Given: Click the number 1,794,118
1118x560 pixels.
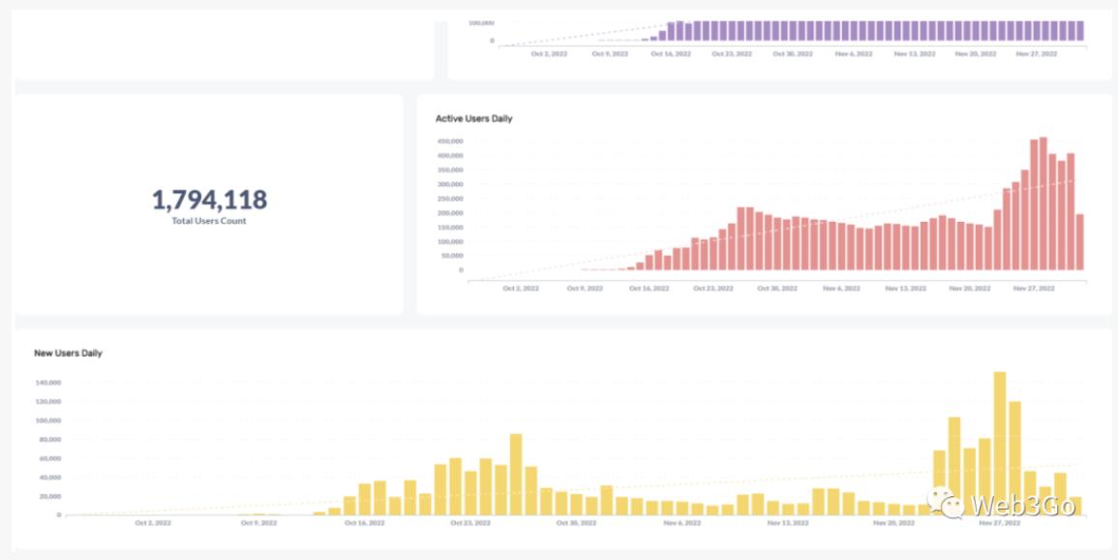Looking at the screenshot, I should click(x=209, y=200).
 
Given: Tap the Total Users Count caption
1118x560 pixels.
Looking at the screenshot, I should click(x=209, y=221).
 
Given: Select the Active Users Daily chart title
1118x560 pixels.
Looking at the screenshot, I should click(x=474, y=118).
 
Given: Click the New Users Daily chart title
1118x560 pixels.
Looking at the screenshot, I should click(x=68, y=353).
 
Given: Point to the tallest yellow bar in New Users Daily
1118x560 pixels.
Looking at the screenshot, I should click(x=1000, y=443).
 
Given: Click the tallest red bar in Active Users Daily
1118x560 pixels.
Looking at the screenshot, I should click(x=1042, y=204).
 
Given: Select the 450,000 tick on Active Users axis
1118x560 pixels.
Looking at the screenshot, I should click(x=449, y=140).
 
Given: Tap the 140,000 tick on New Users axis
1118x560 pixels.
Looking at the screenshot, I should click(x=48, y=383).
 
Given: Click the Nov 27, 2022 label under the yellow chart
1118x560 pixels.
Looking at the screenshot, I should click(x=1000, y=523).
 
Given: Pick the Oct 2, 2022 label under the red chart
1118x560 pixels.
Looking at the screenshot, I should click(x=521, y=289).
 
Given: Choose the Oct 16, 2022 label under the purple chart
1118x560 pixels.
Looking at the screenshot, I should click(x=671, y=54).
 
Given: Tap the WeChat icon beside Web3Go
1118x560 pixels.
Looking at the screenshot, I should click(x=947, y=503).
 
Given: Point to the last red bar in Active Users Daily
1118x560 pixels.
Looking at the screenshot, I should click(x=1079, y=242).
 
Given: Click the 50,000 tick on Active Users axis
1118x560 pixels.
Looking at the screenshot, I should click(x=451, y=256).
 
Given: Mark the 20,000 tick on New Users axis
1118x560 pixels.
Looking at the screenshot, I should click(x=49, y=496).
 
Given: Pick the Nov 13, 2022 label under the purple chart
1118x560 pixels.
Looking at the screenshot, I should click(x=915, y=54).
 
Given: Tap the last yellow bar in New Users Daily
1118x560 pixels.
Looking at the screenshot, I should click(x=1075, y=506).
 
